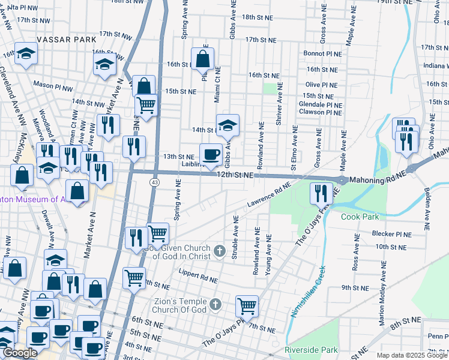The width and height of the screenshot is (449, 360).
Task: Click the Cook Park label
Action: click(x=361, y=217)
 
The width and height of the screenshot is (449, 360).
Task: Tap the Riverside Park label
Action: click(x=311, y=350)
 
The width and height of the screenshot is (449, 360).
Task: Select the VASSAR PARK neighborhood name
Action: click(x=67, y=39)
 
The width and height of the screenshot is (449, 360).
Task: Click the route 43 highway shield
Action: click(x=155, y=182)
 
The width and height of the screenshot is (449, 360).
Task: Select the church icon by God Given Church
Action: click(x=220, y=251)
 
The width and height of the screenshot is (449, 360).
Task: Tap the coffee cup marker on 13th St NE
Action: click(x=211, y=155)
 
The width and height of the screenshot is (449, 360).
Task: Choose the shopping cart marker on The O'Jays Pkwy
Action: click(x=247, y=306)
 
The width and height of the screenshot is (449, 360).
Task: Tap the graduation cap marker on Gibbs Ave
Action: click(x=228, y=125)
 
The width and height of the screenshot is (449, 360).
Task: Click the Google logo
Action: click(x=19, y=353)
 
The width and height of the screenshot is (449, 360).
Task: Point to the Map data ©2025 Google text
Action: click(x=411, y=356)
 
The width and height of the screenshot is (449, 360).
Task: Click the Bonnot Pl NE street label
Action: click(x=322, y=53)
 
